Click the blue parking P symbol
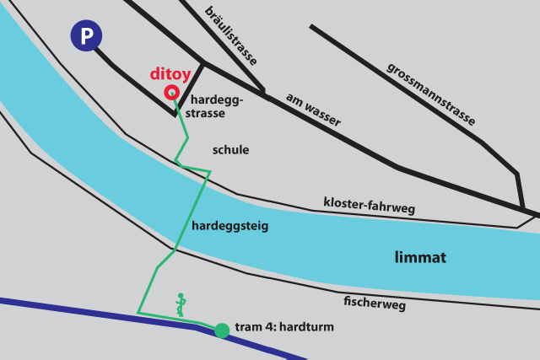coord(86,36)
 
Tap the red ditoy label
coord(172,73)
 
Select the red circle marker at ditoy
coord(171,93)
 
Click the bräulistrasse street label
coord(231,35)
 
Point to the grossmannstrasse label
coord(431,94)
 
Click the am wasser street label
coord(313,110)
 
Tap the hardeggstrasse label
coord(217,107)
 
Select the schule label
coord(230,150)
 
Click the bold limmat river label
coord(419,257)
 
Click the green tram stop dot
coord(222,330)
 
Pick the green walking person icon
coord(180,304)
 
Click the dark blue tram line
coord(84,307)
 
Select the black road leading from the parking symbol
coord(135,84)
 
